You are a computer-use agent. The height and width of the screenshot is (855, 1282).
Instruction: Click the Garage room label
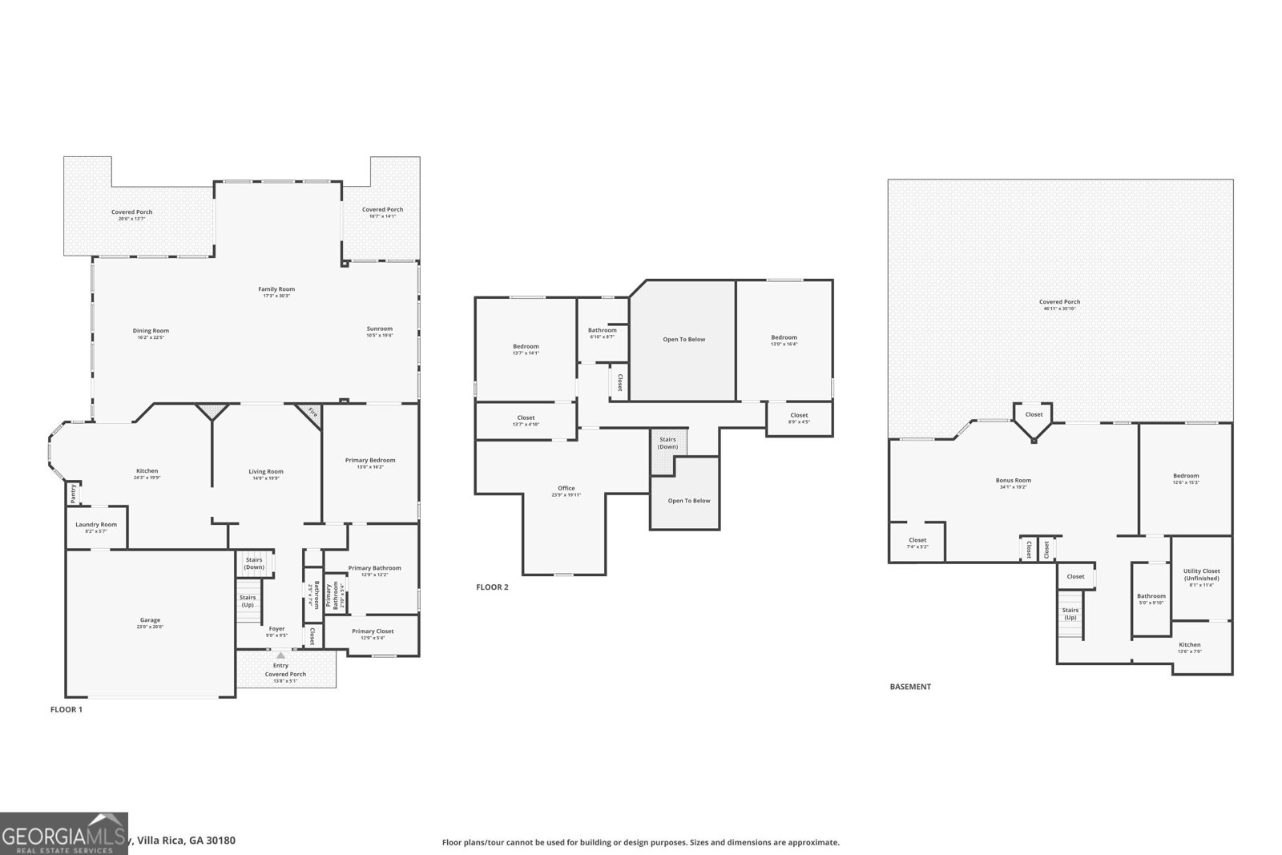[x=150, y=620]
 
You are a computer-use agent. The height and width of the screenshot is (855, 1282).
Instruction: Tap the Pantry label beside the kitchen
[x=73, y=493]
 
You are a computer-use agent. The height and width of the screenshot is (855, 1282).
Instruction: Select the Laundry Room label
[x=96, y=525]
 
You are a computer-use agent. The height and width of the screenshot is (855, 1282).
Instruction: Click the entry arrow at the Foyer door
[x=280, y=655]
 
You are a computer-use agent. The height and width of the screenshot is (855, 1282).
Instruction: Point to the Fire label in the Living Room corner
[x=312, y=414]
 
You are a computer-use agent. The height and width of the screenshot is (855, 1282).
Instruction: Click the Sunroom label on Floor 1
[x=380, y=329]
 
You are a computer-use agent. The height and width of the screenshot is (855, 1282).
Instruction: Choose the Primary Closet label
[x=373, y=631]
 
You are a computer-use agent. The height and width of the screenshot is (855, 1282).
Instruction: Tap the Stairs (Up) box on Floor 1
[x=248, y=601]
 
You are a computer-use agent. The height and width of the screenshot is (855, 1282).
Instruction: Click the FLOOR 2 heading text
[x=492, y=587]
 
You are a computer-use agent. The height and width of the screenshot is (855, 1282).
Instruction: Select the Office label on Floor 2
[x=566, y=488]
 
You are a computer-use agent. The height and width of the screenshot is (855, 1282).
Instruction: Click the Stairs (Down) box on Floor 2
[x=667, y=442]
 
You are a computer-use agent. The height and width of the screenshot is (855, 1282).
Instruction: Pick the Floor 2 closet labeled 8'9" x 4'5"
[x=799, y=417]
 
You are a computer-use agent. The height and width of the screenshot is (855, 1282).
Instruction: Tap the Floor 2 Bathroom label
[x=602, y=330]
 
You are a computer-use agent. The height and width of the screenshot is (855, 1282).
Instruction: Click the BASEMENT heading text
[x=910, y=687]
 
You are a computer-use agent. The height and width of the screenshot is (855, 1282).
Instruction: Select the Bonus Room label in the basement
[x=1013, y=481]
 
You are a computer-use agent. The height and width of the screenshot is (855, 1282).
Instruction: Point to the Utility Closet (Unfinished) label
[x=1201, y=575]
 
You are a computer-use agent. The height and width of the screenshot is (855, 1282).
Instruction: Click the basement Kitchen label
[x=1189, y=645]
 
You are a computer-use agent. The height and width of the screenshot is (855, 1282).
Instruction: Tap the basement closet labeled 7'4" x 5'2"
[x=917, y=542]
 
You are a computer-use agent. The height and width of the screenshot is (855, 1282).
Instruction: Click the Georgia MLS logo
[x=63, y=833]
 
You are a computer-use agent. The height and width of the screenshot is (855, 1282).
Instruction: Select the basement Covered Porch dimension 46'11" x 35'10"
[x=1059, y=309]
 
